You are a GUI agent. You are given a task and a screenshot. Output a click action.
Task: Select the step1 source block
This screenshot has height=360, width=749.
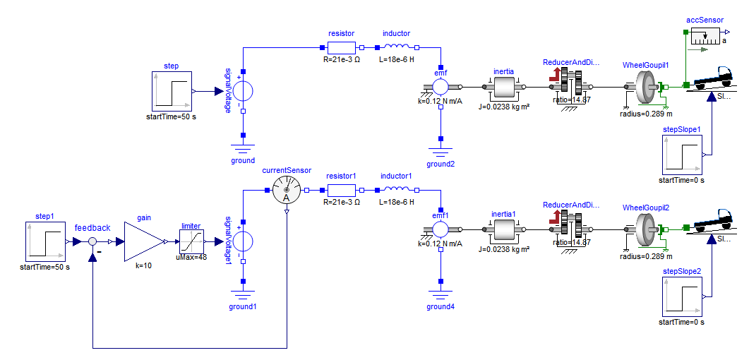tap(46, 241)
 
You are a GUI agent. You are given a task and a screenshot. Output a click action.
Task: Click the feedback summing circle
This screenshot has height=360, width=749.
tap(92, 241)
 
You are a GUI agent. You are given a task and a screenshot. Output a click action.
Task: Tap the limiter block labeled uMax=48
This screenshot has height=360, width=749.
tap(191, 241)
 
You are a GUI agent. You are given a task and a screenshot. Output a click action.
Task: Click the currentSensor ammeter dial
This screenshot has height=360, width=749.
tap(287, 189)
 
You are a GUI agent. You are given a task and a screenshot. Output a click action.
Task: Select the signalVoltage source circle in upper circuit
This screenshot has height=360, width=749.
tap(243, 92)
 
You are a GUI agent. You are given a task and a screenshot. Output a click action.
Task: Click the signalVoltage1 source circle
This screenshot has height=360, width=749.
tap(243, 241)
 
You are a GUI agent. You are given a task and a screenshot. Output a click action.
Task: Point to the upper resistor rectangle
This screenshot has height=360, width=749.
tap(342, 48)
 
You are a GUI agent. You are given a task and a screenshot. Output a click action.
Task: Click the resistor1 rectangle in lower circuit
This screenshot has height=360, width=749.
tap(342, 189)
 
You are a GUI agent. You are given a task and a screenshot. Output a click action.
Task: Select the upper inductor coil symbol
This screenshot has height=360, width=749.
tap(397, 48)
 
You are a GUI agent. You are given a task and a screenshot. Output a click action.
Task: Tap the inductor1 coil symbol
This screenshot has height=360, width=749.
tap(397, 189)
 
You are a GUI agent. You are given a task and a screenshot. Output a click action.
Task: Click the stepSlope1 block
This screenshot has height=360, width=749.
tap(681, 155)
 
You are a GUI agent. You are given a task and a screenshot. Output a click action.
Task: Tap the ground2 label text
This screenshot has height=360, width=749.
tap(441, 164)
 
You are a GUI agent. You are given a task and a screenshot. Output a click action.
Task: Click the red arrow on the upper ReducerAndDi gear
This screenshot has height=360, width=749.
tap(556, 76)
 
